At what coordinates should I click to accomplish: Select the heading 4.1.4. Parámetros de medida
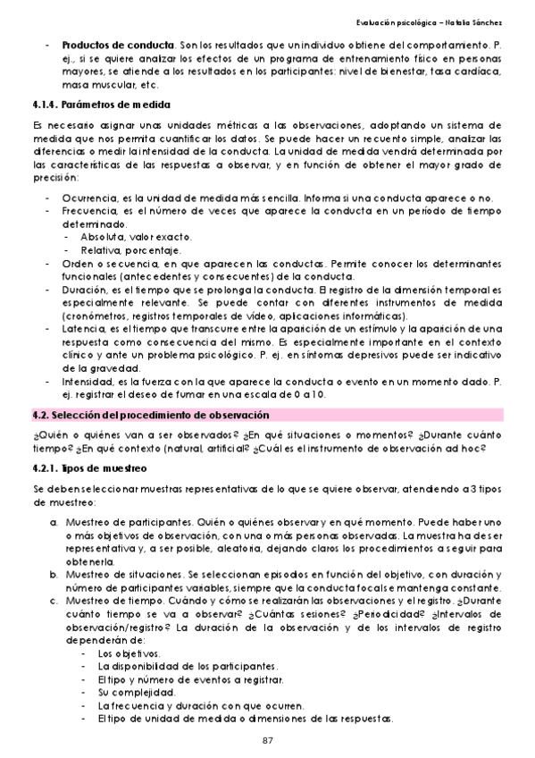pyautogui.click(x=82, y=104)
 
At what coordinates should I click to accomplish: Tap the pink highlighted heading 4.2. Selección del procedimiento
pyautogui.click(x=151, y=416)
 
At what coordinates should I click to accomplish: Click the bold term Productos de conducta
pyautogui.click(x=118, y=45)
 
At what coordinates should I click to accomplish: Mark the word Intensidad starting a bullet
pyautogui.click(x=86, y=382)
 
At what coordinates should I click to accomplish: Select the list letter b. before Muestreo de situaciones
pyautogui.click(x=53, y=574)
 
